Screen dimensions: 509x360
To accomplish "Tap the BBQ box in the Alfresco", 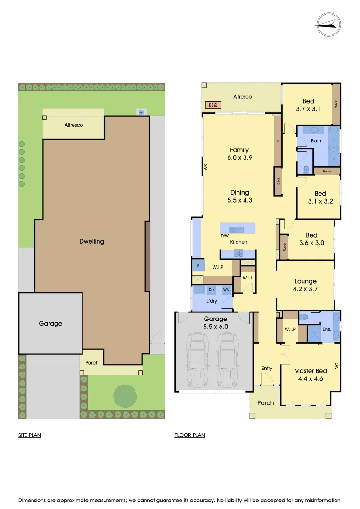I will click(x=212, y=106).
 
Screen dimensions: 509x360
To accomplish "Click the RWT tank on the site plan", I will click(x=141, y=112).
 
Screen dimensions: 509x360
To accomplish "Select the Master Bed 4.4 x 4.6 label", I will click(x=311, y=375).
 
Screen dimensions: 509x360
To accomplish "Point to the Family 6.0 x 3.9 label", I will click(x=239, y=154).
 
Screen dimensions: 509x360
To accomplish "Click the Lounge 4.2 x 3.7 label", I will click(x=305, y=285).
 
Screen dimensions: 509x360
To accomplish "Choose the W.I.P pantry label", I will click(x=217, y=267).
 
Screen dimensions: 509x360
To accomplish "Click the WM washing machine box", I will click(x=227, y=290).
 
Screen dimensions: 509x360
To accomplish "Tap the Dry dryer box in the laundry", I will click(x=212, y=290).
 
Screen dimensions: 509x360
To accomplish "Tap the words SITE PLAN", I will click(x=30, y=435).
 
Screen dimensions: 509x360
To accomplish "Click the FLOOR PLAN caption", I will click(x=189, y=435).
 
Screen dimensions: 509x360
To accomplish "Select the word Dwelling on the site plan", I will click(x=92, y=241).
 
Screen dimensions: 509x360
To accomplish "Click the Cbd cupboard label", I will click(x=278, y=181).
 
